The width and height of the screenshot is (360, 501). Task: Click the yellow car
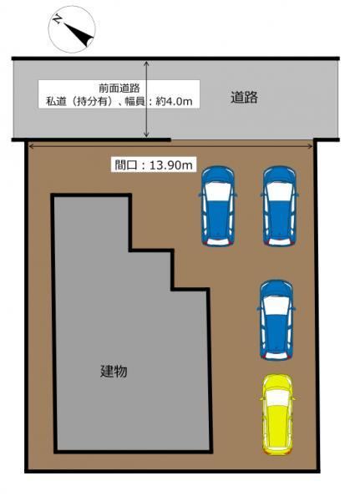(276, 414)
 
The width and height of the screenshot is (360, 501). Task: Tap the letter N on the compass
(58, 20)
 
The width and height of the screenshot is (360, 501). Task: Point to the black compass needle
(79, 34)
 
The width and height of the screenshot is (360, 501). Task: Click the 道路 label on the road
(244, 97)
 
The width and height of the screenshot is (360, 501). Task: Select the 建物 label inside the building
(114, 371)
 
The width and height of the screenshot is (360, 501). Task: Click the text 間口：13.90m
(154, 164)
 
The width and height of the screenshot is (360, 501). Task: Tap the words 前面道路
(119, 88)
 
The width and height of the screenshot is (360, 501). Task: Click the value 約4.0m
(174, 101)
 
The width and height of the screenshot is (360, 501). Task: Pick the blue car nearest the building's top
(218, 205)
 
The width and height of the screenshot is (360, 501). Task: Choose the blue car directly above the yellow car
(276, 320)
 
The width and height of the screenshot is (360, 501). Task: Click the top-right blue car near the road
(280, 205)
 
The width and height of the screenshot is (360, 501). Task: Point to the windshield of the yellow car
(277, 397)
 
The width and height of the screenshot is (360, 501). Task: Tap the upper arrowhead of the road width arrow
(146, 63)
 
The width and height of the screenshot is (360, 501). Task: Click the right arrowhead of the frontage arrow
(311, 146)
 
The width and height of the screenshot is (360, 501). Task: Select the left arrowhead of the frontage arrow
(32, 146)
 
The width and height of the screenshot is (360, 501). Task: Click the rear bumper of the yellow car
(277, 451)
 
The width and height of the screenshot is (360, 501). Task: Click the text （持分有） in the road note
(91, 101)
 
